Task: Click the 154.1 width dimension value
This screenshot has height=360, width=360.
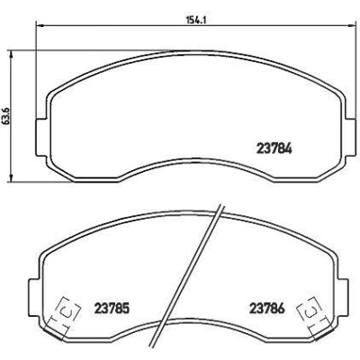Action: (196, 20)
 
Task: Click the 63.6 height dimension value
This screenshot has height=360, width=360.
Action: (7, 116)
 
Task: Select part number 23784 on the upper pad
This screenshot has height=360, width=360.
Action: (274, 148)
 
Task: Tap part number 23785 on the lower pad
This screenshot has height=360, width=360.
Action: (112, 308)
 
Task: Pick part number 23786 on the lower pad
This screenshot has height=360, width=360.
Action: (267, 308)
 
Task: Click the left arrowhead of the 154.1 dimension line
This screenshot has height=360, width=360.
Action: (40, 26)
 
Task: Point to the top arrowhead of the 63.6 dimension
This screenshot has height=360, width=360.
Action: (12, 54)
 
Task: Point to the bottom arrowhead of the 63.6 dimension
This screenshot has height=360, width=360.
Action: (12, 178)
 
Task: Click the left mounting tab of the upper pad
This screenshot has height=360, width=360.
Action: (42, 137)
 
